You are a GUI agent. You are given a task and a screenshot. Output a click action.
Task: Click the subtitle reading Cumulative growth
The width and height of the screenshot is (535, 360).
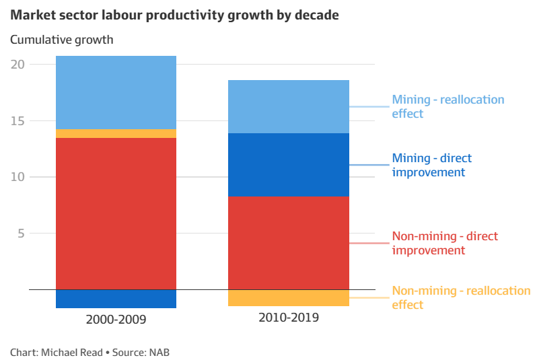point(62,40)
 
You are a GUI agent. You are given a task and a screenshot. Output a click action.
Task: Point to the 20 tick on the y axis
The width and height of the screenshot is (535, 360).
point(17,65)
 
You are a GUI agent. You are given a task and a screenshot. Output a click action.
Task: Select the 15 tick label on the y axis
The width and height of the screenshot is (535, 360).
point(17,121)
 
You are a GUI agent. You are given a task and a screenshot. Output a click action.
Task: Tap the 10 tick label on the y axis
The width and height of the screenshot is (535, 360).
point(17,177)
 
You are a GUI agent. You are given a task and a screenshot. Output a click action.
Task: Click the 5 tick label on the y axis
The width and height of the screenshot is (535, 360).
point(21,233)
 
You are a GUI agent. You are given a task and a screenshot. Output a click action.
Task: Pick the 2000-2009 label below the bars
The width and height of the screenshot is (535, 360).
point(116,319)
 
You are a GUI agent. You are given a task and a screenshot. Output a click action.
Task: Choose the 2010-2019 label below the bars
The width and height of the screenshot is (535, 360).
point(289,317)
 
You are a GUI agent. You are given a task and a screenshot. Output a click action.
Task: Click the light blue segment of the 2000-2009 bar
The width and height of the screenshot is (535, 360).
point(116,92)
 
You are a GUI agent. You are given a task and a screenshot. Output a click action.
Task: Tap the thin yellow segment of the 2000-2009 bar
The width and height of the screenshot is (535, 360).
point(116,133)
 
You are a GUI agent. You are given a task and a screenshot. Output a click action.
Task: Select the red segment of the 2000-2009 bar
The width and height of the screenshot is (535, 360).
point(116,213)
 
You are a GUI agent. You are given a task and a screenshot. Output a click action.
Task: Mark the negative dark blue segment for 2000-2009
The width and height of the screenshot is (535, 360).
point(116,299)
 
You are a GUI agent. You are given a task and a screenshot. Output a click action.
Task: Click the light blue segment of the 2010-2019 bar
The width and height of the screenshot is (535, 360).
point(289,106)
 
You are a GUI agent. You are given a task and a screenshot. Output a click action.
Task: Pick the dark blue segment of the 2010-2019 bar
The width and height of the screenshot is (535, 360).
point(289,164)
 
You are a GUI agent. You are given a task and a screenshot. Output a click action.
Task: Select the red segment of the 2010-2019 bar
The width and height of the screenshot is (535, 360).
point(289,242)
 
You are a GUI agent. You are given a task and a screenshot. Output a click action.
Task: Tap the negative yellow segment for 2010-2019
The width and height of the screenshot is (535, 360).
point(289,297)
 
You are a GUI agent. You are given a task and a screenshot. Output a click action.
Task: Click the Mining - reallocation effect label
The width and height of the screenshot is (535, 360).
point(448,106)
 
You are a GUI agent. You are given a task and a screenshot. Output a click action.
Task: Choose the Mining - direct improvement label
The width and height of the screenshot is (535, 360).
point(431,165)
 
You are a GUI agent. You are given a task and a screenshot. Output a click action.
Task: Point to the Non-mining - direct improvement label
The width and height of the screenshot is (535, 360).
point(444,243)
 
